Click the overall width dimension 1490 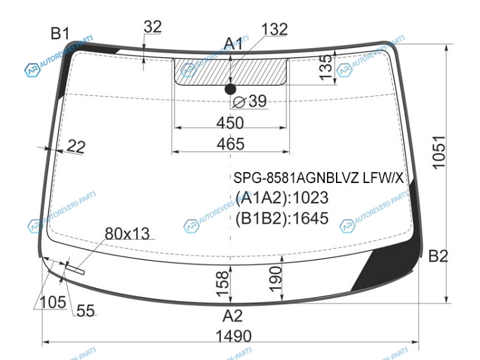pyautogui.click(x=233, y=336)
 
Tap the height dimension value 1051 pyautogui.click(x=439, y=152)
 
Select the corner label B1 pyautogui.click(x=60, y=33)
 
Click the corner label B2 pyautogui.click(x=438, y=256)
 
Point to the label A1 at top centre pyautogui.click(x=233, y=43)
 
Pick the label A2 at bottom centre pyautogui.click(x=233, y=316)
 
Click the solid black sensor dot pyautogui.click(x=230, y=89)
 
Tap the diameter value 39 pyautogui.click(x=257, y=101)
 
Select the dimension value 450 pyautogui.click(x=230, y=123)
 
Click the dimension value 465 pyautogui.click(x=230, y=144)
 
